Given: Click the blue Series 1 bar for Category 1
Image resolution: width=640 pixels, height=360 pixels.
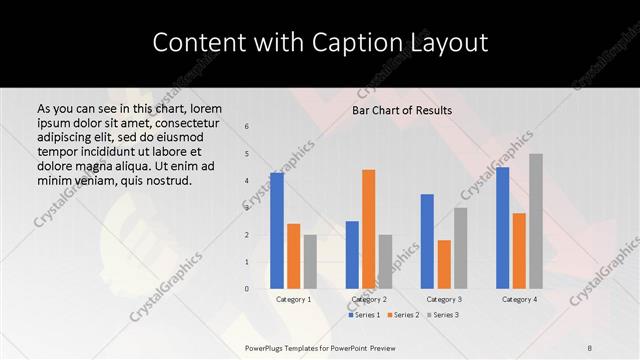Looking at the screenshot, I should pos(277,231).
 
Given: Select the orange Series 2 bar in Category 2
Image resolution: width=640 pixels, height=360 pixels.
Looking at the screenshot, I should pos(368,229).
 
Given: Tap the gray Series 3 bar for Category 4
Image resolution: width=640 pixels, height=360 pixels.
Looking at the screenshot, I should pos(536,221).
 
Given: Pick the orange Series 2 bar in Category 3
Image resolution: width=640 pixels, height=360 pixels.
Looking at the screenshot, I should pos(444,264).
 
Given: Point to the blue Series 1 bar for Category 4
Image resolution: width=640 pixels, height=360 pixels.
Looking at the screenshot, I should pos(502,228).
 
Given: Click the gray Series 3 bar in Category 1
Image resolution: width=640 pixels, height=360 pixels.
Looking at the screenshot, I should pos(310,262).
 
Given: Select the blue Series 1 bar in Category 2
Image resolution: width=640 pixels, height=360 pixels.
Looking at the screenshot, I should pos(352,255).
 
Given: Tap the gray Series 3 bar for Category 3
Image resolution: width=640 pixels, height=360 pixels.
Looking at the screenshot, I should pos(460,248).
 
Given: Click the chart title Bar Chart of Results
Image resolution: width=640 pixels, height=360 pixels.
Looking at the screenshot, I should pos(402,110).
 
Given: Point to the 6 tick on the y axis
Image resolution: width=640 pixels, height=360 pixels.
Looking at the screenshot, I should pos(247,127).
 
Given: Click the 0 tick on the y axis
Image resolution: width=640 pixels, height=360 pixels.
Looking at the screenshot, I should pos(247,289).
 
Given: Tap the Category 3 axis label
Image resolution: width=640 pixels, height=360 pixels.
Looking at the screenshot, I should pos(444,300).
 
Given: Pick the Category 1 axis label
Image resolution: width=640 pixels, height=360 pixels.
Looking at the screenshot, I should pos(293,300).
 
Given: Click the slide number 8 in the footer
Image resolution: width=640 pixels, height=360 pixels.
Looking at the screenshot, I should pos(590,347).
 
